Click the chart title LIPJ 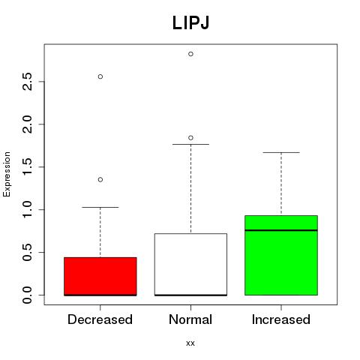(190, 23)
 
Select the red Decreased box (100, 277)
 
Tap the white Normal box (190, 265)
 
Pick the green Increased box (281, 255)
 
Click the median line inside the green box (281, 230)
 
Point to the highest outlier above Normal (190, 54)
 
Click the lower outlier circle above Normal (190, 138)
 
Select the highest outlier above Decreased (100, 76)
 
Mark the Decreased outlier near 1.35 (100, 179)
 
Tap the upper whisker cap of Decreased (100, 207)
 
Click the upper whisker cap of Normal (190, 144)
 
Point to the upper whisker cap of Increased (281, 152)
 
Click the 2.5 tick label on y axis (27, 82)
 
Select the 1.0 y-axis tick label (27, 209)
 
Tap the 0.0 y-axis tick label (27, 295)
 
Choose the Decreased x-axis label (100, 319)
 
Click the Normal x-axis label (190, 319)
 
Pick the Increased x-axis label (281, 319)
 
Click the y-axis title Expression (7, 174)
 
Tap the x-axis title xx (190, 343)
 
